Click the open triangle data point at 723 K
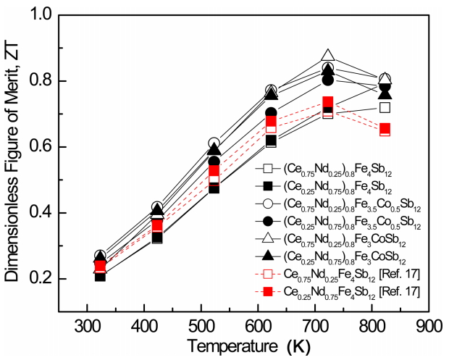[328, 56]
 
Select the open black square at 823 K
[385, 108]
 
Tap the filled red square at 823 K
[385, 130]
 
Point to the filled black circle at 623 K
[271, 114]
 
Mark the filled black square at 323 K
[100, 275]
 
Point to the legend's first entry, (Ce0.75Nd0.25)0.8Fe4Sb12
[336, 169]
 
